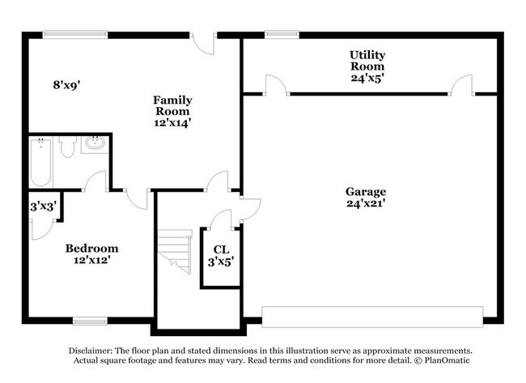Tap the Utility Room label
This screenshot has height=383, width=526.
pyautogui.click(x=367, y=59)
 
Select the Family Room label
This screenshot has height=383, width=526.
pyautogui.click(x=172, y=105)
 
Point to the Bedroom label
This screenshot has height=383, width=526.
pyautogui.click(x=91, y=248)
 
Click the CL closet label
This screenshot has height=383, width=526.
pyautogui.click(x=221, y=249)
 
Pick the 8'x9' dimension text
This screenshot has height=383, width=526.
pyautogui.click(x=67, y=84)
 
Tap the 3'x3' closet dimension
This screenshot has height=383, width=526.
pyautogui.click(x=42, y=206)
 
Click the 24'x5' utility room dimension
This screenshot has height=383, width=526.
pyautogui.click(x=367, y=79)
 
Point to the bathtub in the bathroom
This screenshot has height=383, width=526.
pyautogui.click(x=42, y=162)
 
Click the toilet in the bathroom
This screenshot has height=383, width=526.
pyautogui.click(x=67, y=147)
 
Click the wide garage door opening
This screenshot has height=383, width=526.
pyautogui.click(x=372, y=317)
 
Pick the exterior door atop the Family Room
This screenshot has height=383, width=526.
pyautogui.click(x=203, y=39)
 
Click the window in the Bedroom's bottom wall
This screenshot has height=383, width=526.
pyautogui.click(x=91, y=321)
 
